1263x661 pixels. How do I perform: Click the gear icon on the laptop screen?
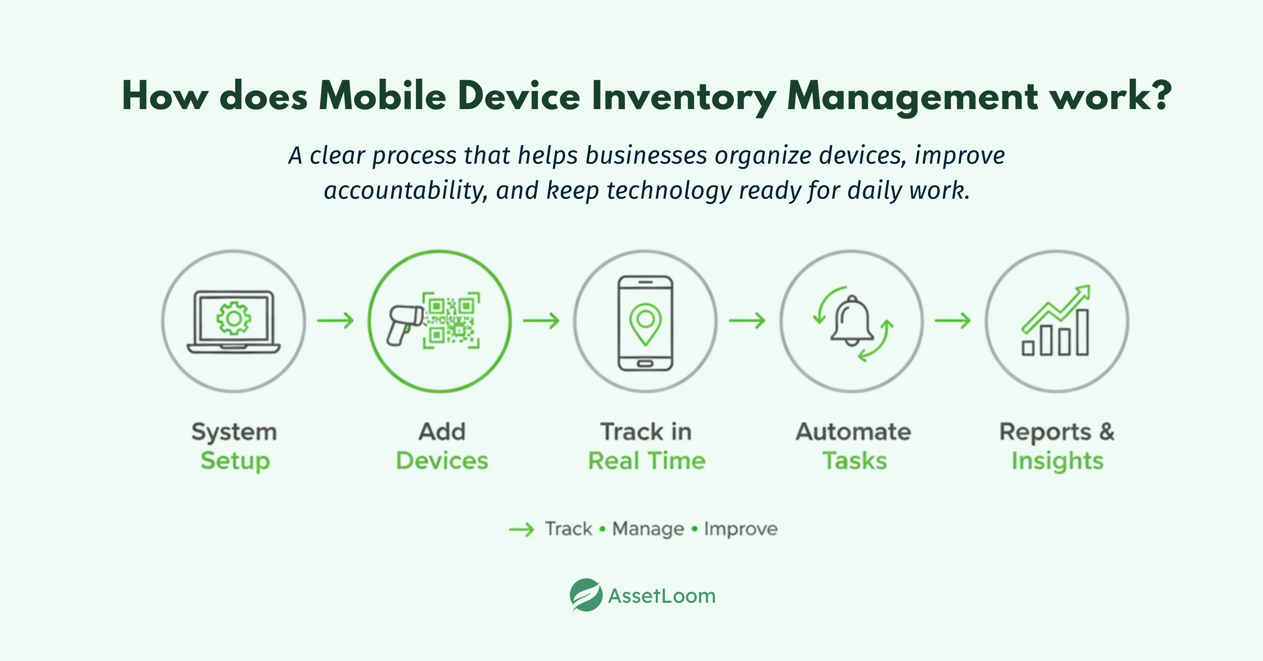click(x=234, y=319)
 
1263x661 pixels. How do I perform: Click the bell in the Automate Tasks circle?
click(x=852, y=321)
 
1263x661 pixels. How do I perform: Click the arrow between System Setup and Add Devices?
click(x=335, y=321)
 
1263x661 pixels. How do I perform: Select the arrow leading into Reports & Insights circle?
click(x=953, y=321)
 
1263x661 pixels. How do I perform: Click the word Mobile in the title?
click(x=382, y=96)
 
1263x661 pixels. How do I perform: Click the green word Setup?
click(x=235, y=461)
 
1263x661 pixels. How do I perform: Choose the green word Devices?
click(x=442, y=461)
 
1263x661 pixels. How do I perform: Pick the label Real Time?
click(x=646, y=461)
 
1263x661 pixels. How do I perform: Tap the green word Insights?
click(x=1058, y=461)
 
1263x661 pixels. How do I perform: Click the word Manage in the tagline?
click(x=648, y=529)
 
